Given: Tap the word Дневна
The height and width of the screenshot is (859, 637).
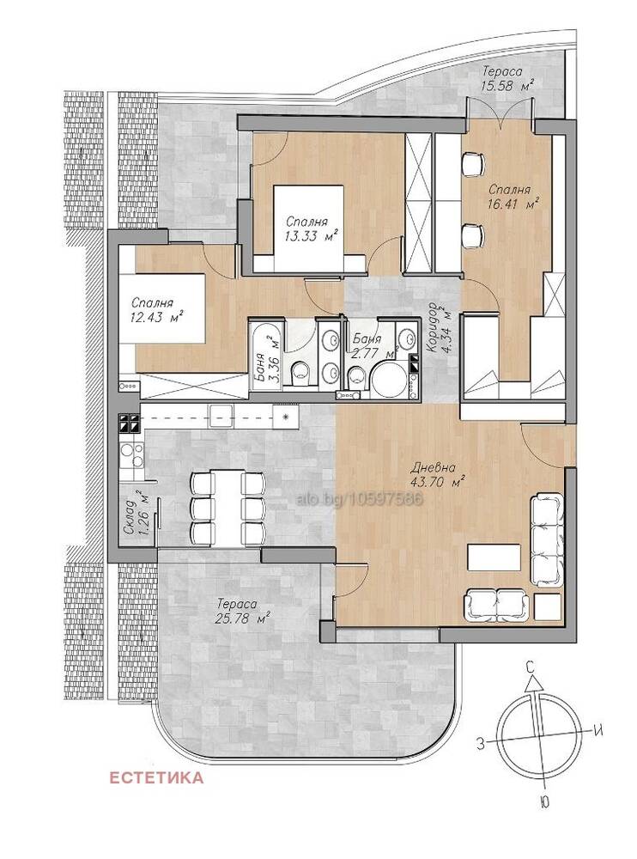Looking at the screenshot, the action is (433, 468).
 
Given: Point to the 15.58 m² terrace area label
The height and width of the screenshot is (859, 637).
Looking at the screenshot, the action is (507, 85).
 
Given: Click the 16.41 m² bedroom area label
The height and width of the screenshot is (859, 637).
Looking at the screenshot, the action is (513, 204).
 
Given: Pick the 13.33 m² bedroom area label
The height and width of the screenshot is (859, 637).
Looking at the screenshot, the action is (311, 236).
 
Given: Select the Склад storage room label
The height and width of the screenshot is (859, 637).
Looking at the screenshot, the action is (130, 517).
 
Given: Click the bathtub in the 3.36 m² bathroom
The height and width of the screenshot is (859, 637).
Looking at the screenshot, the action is (266, 356).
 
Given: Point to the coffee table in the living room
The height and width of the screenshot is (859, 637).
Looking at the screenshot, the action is (494, 557).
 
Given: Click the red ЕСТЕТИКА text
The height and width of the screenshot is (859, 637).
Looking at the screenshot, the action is (156, 777).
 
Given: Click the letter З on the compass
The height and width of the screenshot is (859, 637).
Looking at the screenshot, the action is (481, 743).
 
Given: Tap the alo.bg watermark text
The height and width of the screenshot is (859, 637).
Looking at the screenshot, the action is (360, 499).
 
